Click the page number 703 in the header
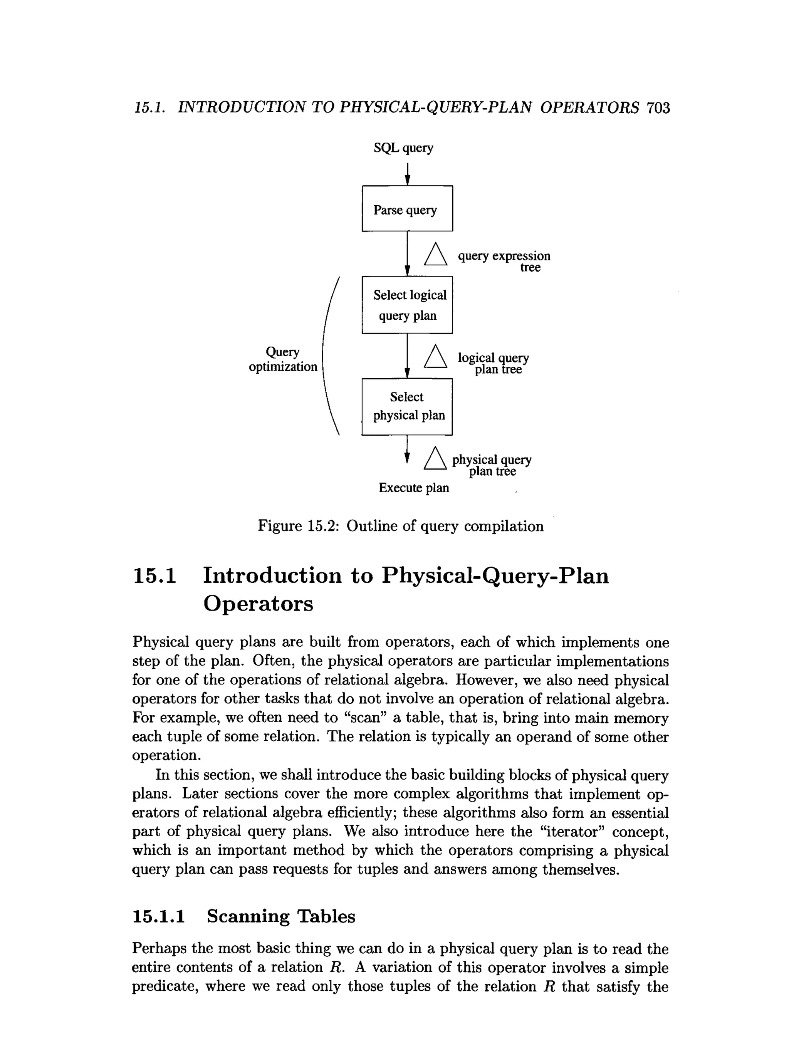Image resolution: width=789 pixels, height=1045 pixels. pos(658,108)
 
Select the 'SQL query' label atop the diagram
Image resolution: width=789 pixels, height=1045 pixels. pos(403,148)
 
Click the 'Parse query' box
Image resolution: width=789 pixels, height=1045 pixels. pos(407,208)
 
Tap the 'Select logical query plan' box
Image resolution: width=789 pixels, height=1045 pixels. pos(407,305)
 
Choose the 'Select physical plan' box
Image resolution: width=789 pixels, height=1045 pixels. pos(407,406)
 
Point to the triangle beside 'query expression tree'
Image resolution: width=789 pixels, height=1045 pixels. pos(435,255)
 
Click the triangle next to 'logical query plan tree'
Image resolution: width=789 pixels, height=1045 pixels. pos(435,357)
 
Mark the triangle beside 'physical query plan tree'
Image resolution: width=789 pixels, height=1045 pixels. pos(435,459)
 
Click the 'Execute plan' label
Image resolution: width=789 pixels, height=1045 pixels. pos(413,488)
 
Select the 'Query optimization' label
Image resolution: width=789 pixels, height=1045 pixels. pos(282,359)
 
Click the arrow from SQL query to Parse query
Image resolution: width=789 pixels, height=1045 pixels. pos(407,174)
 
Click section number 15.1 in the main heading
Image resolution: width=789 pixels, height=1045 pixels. pos(154,576)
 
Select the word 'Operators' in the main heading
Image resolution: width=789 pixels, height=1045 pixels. pos(258,604)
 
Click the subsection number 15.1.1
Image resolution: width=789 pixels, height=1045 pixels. pos(158,916)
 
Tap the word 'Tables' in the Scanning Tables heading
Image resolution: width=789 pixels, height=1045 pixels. pos(326,916)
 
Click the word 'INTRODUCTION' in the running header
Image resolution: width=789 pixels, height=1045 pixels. pos(241,108)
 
